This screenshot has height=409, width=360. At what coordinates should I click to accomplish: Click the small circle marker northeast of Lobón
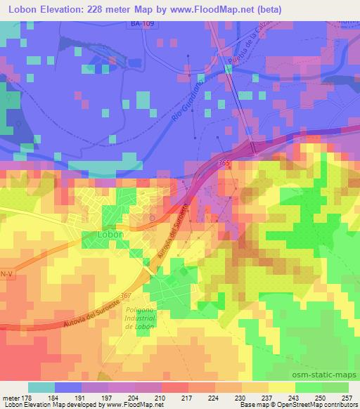152,219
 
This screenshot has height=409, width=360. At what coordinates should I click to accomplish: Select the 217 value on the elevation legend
187,398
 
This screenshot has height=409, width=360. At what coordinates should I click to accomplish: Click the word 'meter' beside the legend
10,398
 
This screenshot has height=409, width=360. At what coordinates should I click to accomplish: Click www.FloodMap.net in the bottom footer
122,405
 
